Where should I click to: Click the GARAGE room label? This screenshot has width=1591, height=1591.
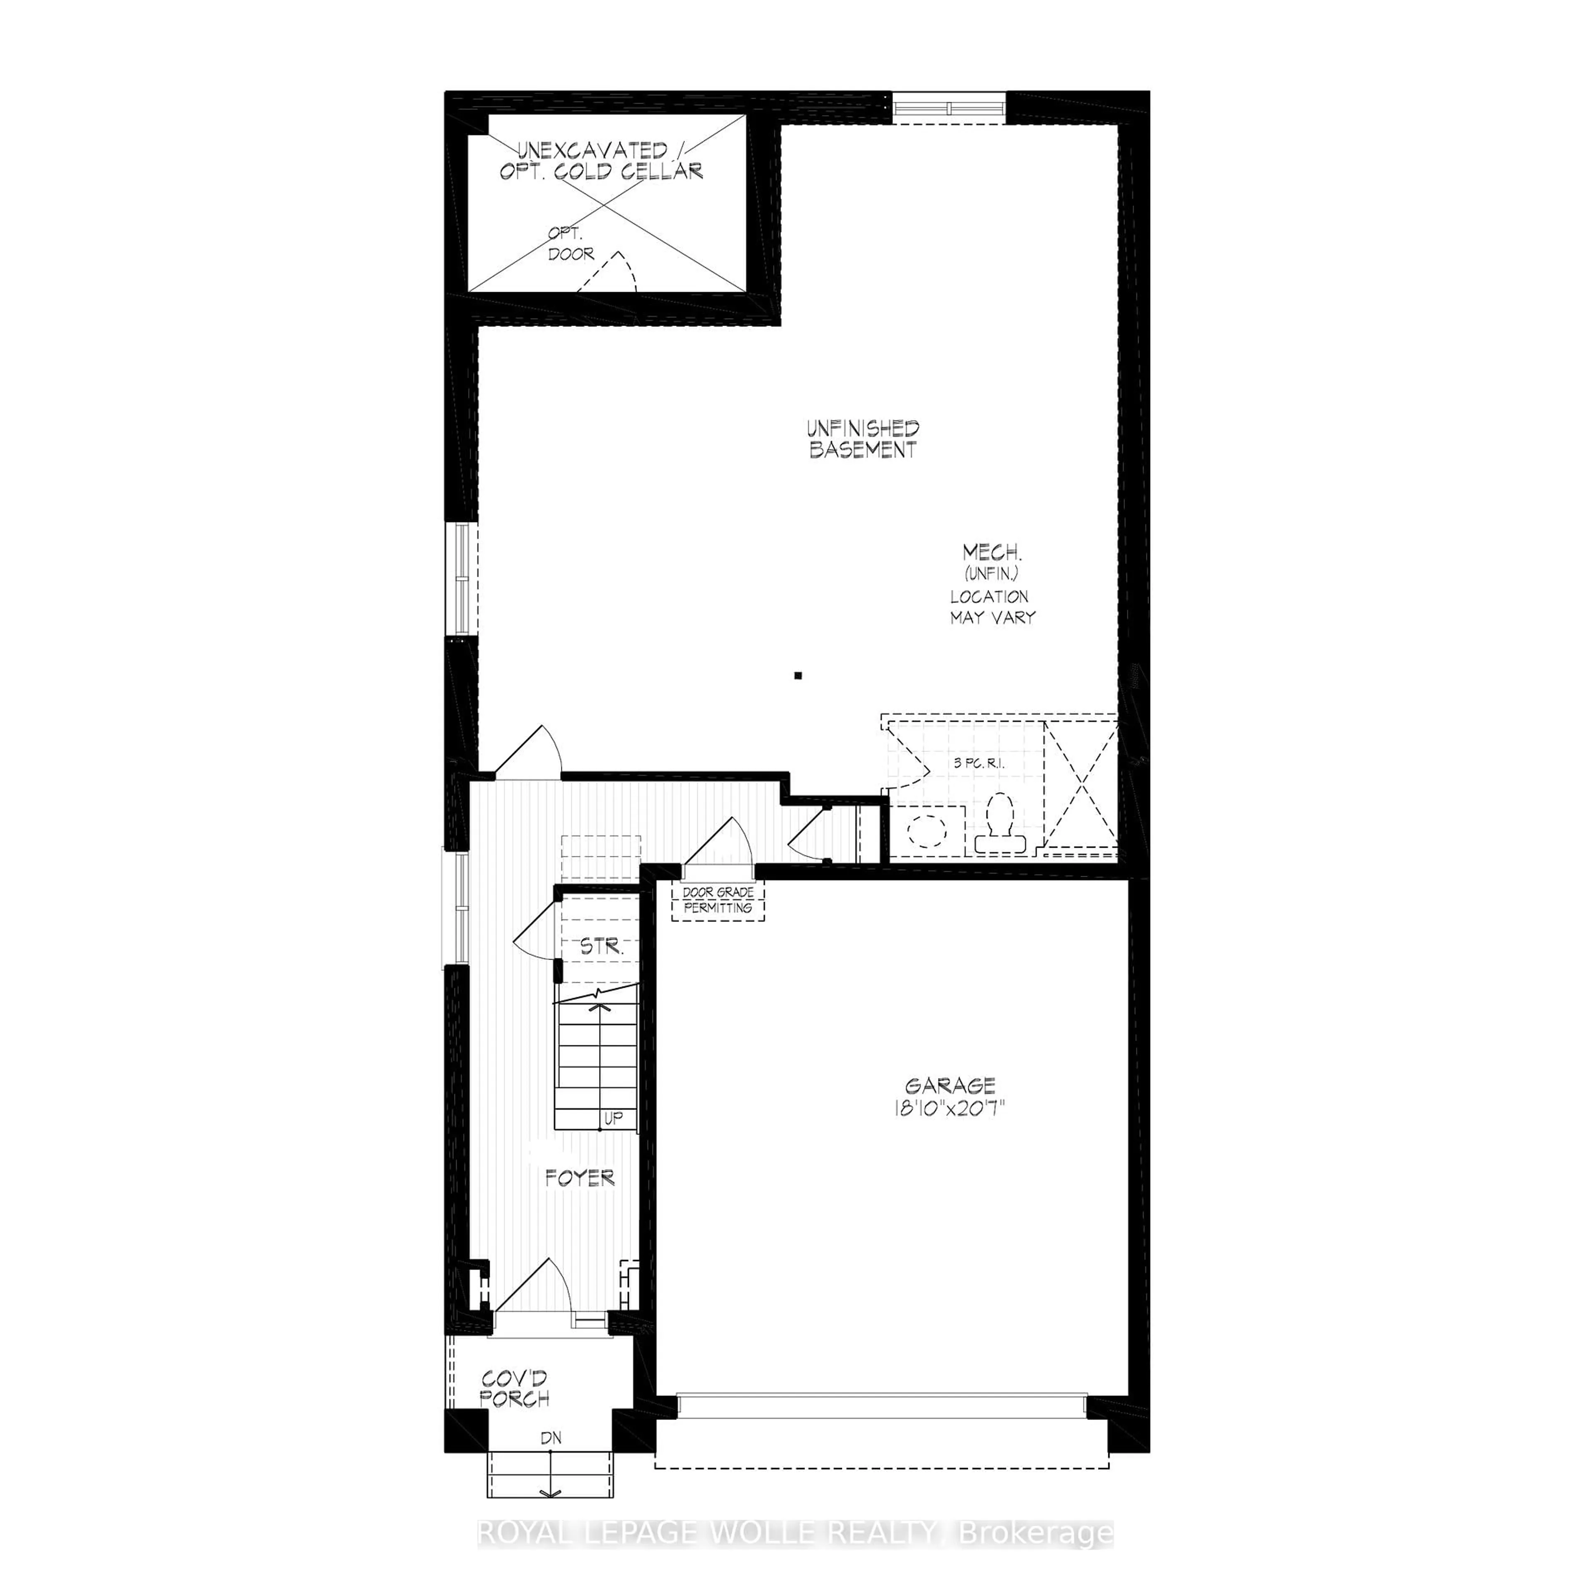pyautogui.click(x=950, y=1086)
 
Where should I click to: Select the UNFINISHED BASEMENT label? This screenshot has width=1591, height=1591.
pyautogui.click(x=862, y=439)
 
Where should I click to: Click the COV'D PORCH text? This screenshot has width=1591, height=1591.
pyautogui.click(x=515, y=1388)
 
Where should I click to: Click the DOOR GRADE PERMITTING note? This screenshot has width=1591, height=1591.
pyautogui.click(x=717, y=900)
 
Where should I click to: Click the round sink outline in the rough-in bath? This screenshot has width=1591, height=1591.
pyautogui.click(x=926, y=829)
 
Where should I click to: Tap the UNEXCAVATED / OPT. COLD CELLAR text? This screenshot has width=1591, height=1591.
pyautogui.click(x=601, y=162)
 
